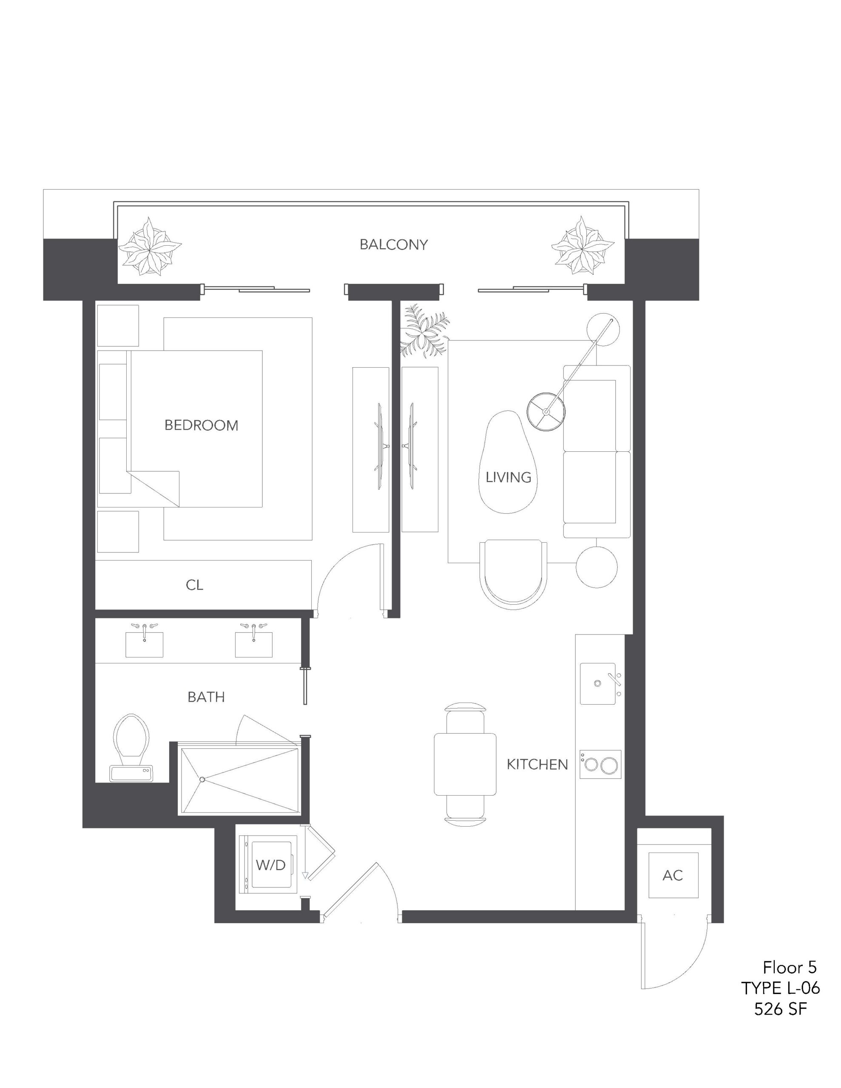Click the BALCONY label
393,245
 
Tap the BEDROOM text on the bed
202,425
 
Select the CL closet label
194,585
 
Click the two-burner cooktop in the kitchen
600,764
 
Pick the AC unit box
673,875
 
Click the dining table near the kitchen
465,764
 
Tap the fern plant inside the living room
424,331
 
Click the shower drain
202,779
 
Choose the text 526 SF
780,1009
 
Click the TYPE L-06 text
780,987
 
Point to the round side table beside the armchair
597,567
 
